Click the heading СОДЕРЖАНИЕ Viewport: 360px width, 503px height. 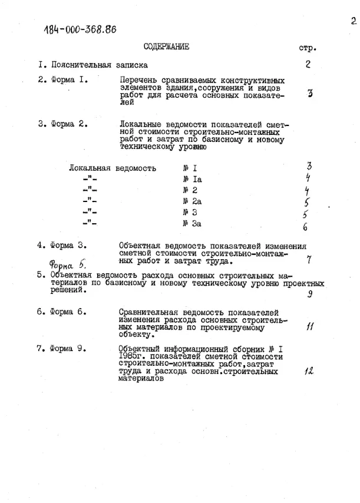[x=166, y=48]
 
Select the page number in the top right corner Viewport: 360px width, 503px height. [x=353, y=22]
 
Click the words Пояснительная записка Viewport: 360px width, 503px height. [x=100, y=65]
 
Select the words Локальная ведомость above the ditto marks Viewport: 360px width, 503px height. [x=113, y=168]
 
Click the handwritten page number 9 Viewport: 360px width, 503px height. [x=309, y=295]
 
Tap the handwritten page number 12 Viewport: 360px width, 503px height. [x=308, y=371]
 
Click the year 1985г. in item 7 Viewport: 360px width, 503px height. [x=131, y=357]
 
